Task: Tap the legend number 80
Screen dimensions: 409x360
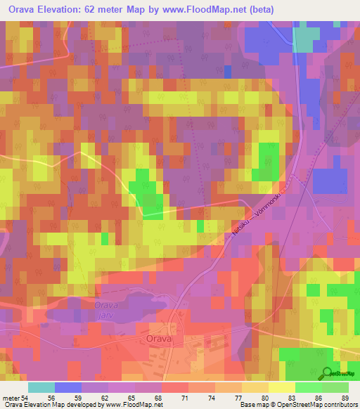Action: point(255,398)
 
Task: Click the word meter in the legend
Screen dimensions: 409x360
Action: point(10,398)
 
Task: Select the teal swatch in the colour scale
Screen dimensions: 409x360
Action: point(41,387)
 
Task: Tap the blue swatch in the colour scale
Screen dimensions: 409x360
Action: point(68,387)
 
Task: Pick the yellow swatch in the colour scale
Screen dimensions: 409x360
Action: point(282,387)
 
